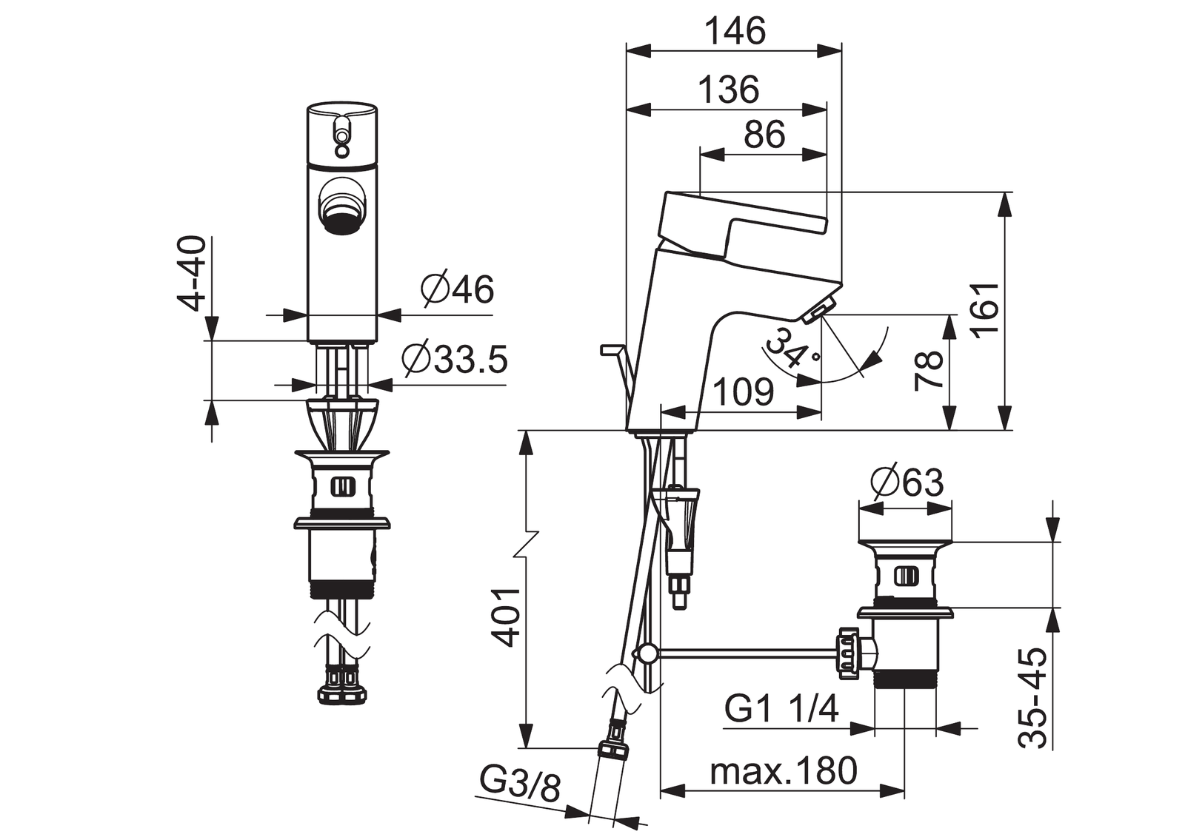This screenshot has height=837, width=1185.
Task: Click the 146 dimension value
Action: click(736, 31)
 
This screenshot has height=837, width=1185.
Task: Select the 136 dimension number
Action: click(729, 90)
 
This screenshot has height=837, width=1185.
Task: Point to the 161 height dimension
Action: click(984, 309)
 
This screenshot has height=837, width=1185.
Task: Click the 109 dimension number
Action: click(744, 391)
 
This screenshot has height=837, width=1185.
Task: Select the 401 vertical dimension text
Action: click(506, 617)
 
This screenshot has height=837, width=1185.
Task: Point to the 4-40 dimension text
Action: click(191, 273)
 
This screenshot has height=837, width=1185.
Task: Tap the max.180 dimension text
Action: click(784, 770)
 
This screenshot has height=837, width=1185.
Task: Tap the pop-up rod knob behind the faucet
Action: click(612, 350)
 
